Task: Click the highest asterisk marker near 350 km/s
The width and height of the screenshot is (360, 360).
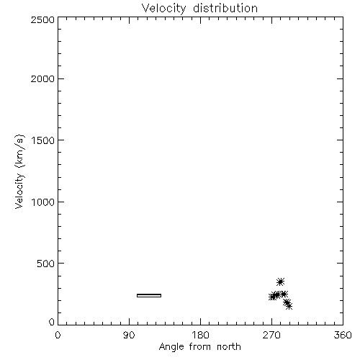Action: coord(280,282)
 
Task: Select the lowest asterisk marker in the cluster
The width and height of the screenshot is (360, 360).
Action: coord(289,306)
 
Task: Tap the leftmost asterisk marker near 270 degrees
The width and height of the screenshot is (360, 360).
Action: coord(272,297)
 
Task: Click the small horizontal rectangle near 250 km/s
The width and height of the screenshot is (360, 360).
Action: coord(149,295)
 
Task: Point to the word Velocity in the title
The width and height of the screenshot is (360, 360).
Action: coord(163,9)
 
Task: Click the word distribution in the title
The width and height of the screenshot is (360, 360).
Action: coord(225,8)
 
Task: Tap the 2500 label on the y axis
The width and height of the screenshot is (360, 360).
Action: coord(42,19)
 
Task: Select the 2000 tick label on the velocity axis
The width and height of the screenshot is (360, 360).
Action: coord(42,78)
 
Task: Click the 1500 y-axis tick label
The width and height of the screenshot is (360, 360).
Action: coord(43,140)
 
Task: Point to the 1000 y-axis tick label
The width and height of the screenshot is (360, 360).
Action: coord(43,202)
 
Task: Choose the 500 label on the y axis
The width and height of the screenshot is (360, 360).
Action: coord(46,264)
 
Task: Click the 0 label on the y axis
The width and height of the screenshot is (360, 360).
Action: coord(52,322)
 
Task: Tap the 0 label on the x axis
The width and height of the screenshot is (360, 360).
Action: coord(58,335)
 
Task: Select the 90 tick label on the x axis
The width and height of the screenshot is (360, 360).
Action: coord(129,335)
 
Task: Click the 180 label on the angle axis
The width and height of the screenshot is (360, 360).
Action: coord(200,335)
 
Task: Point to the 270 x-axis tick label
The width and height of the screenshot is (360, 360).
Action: coord(271,335)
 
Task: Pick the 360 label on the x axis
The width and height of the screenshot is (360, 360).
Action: coord(343,335)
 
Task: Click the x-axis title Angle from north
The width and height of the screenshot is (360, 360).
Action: coord(200,347)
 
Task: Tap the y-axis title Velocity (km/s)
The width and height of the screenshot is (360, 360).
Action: coord(19,171)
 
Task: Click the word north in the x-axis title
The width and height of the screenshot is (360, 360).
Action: coord(229,346)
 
